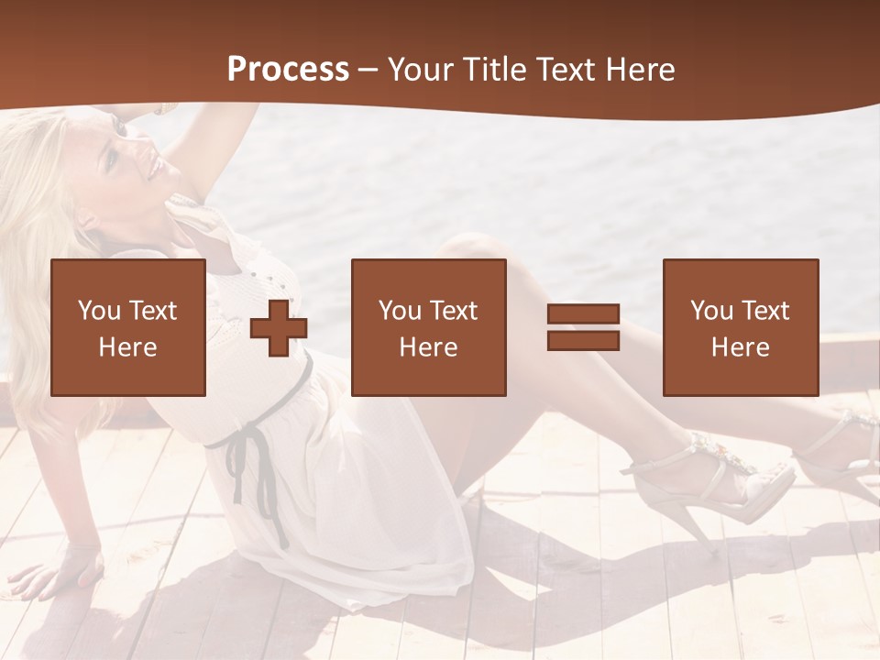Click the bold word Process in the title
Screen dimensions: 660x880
288,70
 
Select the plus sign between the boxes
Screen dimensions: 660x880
279,327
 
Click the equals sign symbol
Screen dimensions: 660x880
583,327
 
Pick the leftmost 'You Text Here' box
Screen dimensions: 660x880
128,327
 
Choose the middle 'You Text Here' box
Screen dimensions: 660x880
428,327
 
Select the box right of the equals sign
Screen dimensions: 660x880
740,327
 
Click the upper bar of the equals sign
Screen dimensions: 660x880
583,314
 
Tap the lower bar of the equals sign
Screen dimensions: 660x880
583,340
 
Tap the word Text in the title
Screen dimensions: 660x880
566,70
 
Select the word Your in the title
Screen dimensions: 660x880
417,70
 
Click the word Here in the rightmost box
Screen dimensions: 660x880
740,347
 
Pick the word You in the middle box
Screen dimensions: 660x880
401,311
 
